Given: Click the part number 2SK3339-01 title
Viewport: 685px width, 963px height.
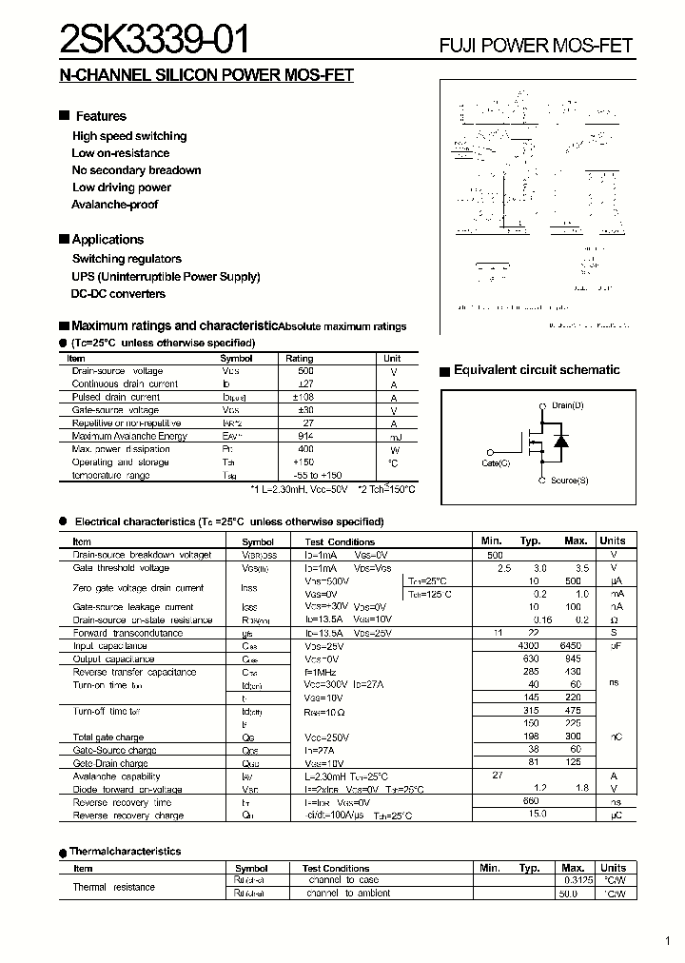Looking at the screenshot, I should coord(156,42).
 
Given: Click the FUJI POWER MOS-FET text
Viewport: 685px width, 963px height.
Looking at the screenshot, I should coord(536,46).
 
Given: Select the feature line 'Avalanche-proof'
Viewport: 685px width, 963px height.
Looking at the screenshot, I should coord(115,205).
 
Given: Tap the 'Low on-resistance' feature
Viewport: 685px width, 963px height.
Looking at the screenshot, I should coord(121,153).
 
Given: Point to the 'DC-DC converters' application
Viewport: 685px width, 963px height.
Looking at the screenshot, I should coord(119,294).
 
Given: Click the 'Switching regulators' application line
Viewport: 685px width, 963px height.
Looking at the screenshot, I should coord(127,259).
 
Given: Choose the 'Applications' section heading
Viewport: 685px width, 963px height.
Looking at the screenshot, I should coord(108,240).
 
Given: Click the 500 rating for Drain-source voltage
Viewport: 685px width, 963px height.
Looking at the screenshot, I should coord(305,371).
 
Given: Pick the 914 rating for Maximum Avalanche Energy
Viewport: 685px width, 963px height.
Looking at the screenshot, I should coord(305,436).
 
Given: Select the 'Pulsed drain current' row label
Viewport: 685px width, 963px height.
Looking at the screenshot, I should coord(116,397).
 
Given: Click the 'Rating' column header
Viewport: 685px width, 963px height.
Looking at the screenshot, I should coord(300,359).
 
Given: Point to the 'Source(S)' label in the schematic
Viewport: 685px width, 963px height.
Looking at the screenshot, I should coord(569,481).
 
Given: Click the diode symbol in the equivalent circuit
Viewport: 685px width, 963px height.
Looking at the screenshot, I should coord(561,442).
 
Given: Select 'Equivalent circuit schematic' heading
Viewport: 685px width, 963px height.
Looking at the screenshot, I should coord(537,370).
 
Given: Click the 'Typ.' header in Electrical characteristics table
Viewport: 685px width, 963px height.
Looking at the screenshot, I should coord(530,540).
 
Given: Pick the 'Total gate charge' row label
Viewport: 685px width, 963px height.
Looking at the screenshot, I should coord(108,737).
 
